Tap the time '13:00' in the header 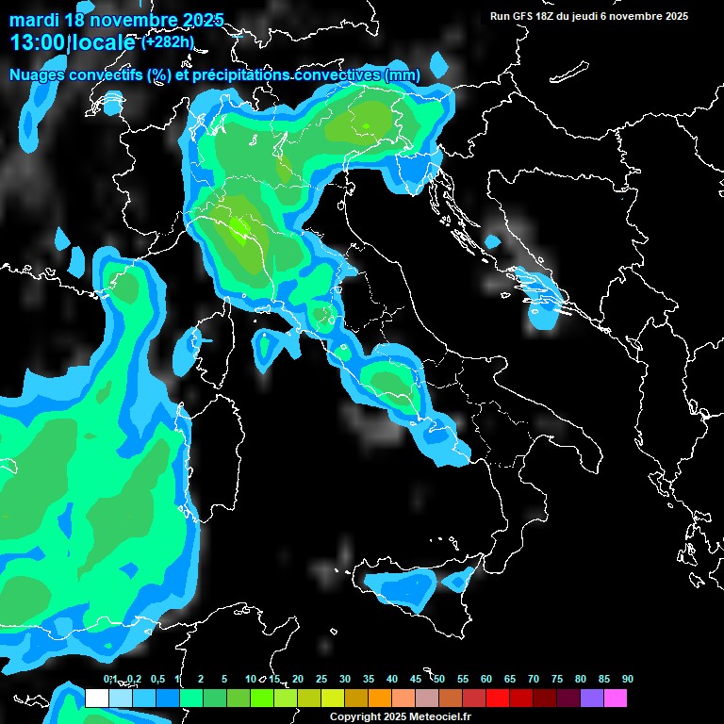(37, 42)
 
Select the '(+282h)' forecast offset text (167, 41)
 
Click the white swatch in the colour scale (96, 699)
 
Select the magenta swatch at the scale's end (616, 699)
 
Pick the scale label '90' (628, 680)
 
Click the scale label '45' (416, 680)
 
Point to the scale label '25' (321, 680)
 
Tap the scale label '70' (534, 680)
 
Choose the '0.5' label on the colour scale (156, 680)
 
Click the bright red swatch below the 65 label (498, 699)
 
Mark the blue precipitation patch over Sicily (403, 590)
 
